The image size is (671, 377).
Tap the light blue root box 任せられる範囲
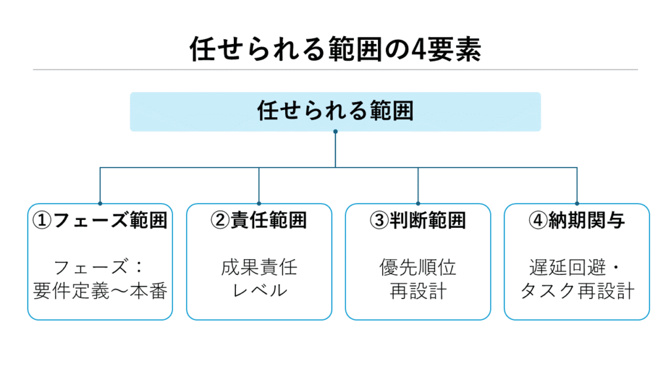335,111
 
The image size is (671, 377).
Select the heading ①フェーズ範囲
100,221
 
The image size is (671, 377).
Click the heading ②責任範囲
259,221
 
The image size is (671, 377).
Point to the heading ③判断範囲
417,221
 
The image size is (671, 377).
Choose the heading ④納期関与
577,221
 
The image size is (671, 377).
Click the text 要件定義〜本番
100,291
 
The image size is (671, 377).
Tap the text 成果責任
259,268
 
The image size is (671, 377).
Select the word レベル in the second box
259,291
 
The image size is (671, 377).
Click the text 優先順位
417,268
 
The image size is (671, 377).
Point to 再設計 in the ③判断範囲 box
417,291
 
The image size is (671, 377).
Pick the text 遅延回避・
577,268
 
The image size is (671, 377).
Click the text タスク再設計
577,291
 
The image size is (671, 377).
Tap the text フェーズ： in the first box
100,268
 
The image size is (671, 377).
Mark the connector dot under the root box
335,132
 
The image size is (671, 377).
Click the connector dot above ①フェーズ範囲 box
100,204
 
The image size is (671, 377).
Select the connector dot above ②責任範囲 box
259,204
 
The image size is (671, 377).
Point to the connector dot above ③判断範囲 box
417,204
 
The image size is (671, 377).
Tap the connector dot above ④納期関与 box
577,204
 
